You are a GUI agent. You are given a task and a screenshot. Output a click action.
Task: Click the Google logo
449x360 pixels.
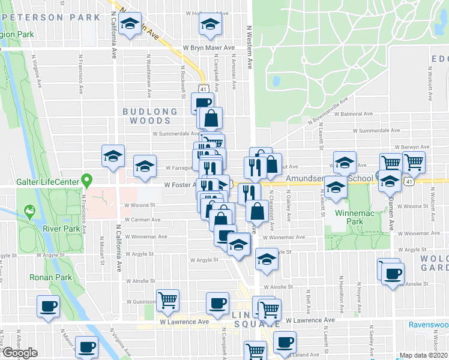point(19,353)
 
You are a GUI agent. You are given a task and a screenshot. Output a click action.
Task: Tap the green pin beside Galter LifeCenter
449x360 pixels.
point(87,179)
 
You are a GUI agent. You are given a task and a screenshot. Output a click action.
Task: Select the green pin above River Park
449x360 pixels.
point(28,212)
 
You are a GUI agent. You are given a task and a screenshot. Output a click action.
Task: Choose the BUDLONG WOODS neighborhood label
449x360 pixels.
point(150,116)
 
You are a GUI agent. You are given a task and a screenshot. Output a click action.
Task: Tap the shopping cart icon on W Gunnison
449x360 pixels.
point(167,300)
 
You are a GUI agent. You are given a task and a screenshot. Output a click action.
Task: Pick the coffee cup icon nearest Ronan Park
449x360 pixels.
point(48,306)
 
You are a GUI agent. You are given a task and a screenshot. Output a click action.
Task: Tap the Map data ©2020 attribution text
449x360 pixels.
point(424,355)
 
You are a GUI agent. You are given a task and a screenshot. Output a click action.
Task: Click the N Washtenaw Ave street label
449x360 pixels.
point(148,70)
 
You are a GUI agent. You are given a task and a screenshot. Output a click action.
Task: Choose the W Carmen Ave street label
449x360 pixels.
point(143,220)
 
